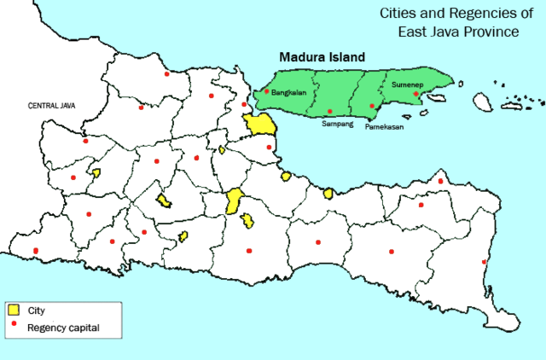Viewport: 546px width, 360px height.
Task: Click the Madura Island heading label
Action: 322,57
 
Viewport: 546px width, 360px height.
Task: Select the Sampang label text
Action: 335,124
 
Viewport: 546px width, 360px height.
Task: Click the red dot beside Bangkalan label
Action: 267,91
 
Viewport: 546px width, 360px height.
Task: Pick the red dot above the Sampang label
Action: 330,112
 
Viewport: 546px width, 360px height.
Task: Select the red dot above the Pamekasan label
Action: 372,107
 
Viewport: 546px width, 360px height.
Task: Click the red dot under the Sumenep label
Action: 416,94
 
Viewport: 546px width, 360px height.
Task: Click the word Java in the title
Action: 444,32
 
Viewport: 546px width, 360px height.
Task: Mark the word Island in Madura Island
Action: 346,57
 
